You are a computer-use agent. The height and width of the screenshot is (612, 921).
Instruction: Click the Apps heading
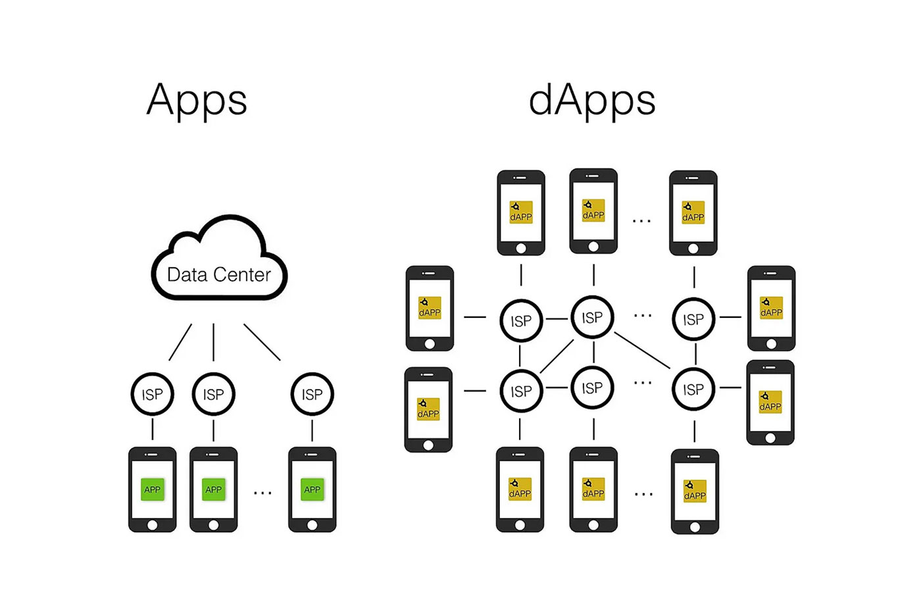pos(197,101)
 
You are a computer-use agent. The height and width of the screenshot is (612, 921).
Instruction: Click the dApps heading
pos(592,101)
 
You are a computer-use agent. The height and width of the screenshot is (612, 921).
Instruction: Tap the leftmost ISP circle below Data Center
pos(152,394)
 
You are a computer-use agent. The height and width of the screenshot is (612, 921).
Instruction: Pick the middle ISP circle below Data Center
pos(213,394)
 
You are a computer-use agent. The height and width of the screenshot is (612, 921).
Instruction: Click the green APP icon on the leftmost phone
pos(152,489)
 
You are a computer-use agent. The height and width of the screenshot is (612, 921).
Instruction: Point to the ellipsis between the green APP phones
pos(262,492)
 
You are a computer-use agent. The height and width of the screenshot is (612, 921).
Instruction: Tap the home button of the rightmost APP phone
pos(312,525)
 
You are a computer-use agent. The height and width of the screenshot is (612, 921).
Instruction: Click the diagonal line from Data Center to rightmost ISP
pos(262,342)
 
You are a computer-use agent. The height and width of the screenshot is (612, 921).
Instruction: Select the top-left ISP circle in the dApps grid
pos(521,320)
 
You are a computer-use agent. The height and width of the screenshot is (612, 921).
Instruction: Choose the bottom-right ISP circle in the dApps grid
pos(693,390)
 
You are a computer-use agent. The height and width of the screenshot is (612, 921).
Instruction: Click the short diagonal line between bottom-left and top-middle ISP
pos(557,356)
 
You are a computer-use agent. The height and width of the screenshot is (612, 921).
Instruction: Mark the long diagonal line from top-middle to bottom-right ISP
pos(642,350)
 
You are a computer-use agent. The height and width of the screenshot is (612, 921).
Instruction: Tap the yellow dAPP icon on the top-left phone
pos(521,212)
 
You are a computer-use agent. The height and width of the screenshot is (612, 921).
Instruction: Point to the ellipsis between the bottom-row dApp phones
pos(643,494)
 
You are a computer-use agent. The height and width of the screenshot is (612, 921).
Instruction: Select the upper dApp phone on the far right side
pos(771,308)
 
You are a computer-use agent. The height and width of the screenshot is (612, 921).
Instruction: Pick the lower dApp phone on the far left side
pos(428,409)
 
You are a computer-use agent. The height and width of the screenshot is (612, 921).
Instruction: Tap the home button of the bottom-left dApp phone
pos(520,525)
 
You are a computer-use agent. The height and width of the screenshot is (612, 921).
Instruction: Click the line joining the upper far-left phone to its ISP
pos(475,317)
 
